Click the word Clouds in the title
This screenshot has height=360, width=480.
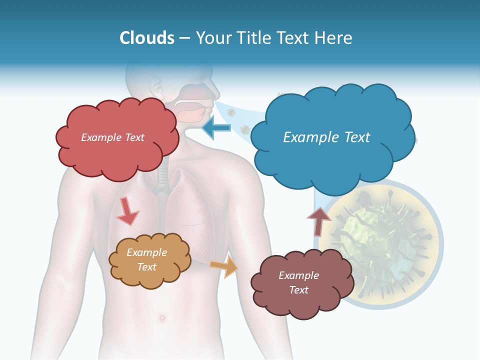(x=147, y=38)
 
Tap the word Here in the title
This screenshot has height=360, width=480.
(x=334, y=38)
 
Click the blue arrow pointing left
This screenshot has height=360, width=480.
(x=216, y=128)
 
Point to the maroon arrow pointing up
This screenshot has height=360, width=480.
(x=319, y=221)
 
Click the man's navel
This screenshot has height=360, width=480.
(x=161, y=317)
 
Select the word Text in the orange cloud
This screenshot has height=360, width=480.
(x=147, y=267)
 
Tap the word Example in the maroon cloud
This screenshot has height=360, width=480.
(x=298, y=275)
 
